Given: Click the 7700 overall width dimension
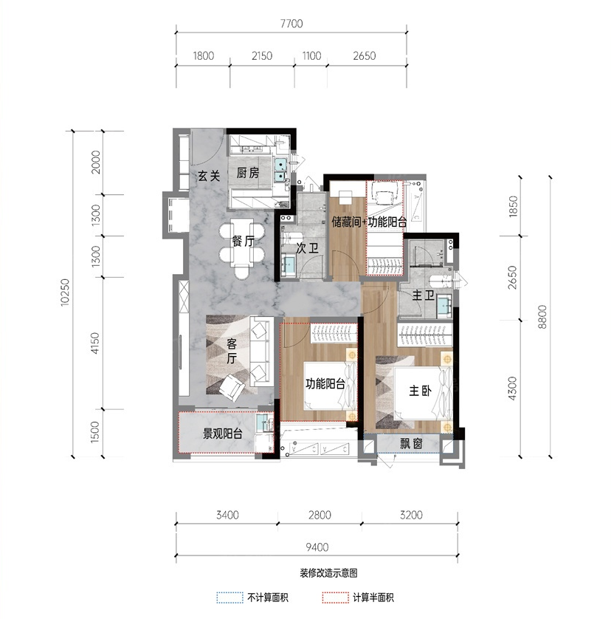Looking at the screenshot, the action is click(291, 24).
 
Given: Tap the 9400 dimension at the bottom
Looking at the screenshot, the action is click(317, 547).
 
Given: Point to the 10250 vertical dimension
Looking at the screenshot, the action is click(64, 292).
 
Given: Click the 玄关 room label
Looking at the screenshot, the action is click(209, 176).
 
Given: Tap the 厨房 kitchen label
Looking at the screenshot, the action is click(248, 173).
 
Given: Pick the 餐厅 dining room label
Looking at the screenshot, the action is click(243, 242).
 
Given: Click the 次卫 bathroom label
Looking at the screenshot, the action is click(308, 248).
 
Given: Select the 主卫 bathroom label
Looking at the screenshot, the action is click(424, 295).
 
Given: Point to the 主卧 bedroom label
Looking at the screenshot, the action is click(420, 391).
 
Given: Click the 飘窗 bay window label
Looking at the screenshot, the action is click(412, 444).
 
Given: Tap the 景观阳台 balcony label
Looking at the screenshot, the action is click(222, 434).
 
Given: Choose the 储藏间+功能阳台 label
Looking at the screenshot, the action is click(369, 222).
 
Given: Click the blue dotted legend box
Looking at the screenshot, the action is click(229, 598).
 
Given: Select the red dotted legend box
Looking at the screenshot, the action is click(335, 598).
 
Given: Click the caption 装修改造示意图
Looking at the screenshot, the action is click(328, 572).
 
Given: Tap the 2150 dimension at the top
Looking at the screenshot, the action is click(262, 55).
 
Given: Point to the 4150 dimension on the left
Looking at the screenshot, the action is click(94, 343).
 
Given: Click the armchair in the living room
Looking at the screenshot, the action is click(232, 387).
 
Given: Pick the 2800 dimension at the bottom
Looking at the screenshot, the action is click(320, 515).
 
